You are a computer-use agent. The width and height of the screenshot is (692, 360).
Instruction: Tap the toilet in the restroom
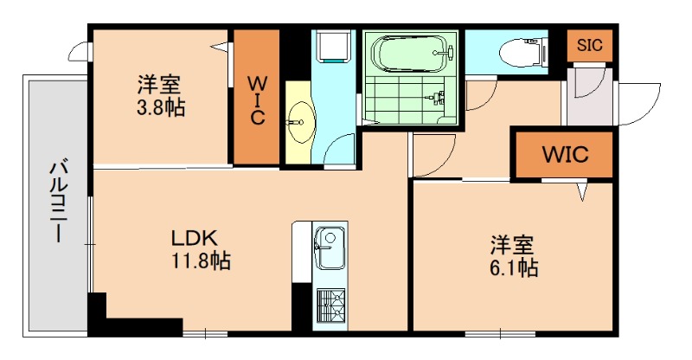(524, 50)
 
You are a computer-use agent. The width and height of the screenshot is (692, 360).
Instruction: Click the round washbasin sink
(300, 120)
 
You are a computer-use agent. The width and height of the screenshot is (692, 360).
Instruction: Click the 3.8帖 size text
(160, 108)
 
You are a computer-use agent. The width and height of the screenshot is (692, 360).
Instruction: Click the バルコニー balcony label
(57, 200)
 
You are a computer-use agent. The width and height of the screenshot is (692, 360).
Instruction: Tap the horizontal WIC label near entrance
(564, 155)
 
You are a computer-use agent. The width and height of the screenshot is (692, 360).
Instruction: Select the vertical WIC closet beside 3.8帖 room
(257, 100)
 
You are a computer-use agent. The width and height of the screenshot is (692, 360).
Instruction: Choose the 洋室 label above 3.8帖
(160, 86)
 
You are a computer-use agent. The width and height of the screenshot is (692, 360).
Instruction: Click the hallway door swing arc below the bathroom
(432, 157)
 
